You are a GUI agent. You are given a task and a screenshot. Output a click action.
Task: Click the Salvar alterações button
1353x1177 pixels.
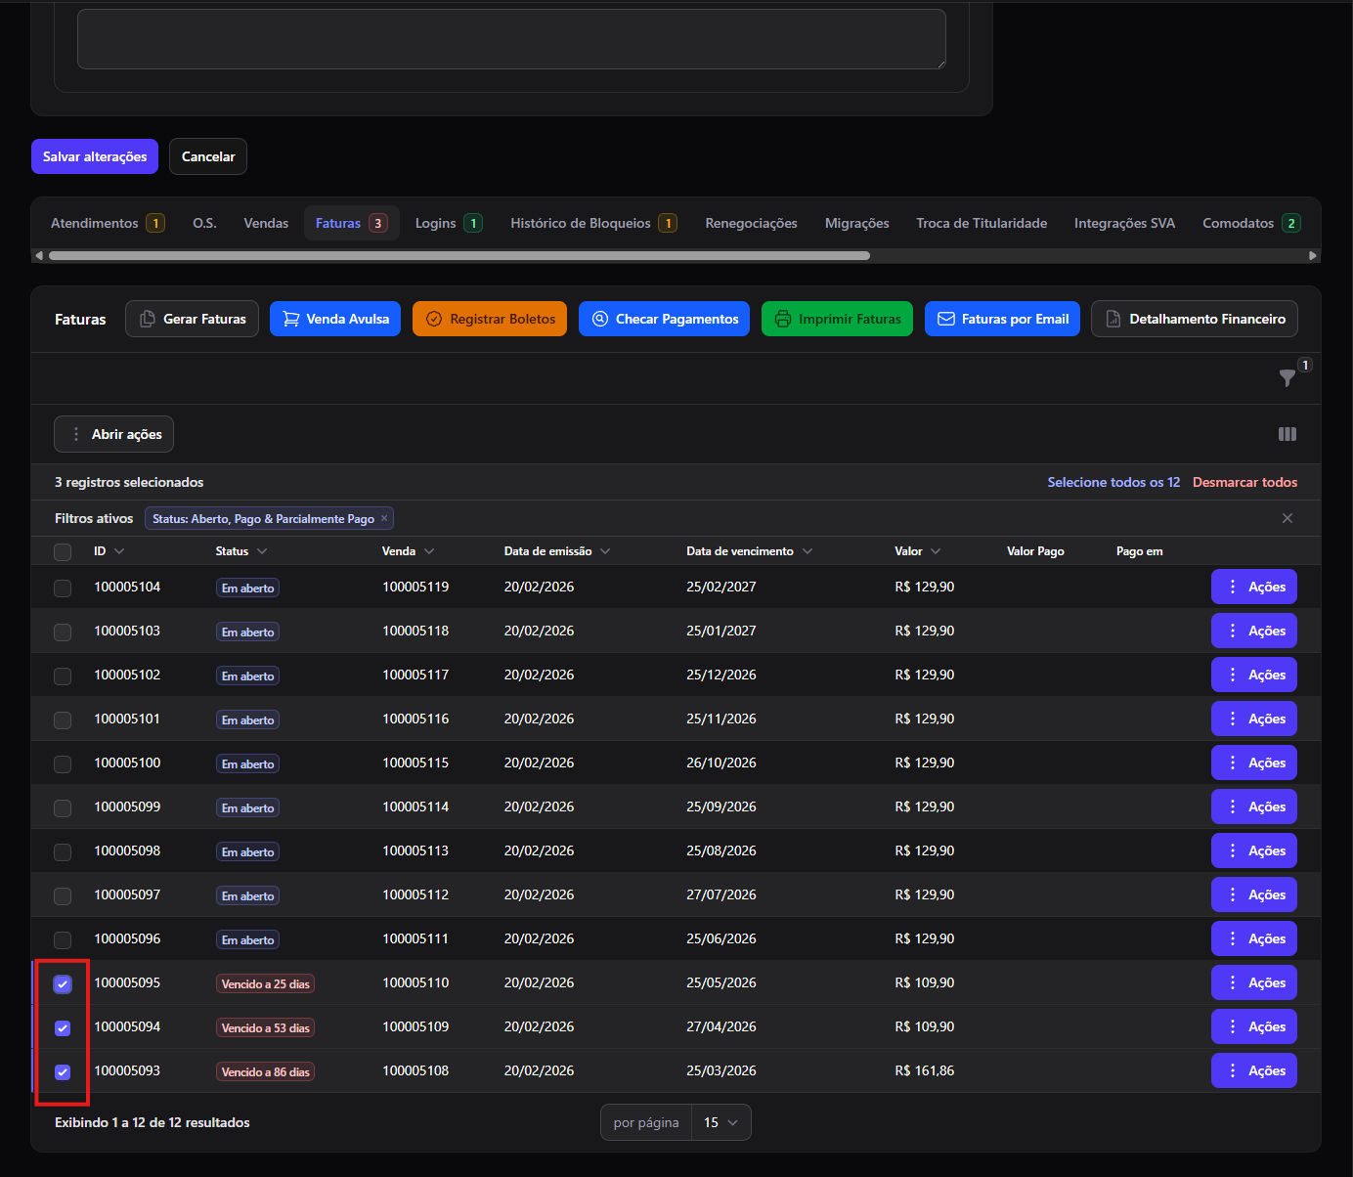tap(95, 156)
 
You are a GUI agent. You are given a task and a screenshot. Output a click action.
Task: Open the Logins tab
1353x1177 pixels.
tap(449, 224)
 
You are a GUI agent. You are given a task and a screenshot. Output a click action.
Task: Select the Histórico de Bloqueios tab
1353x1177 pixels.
tap(593, 224)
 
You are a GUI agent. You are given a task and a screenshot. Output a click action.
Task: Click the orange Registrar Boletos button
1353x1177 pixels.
tap(490, 319)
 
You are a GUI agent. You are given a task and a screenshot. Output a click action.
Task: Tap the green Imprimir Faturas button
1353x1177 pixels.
tap(837, 319)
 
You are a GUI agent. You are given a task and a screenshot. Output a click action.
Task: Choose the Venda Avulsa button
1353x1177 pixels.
tap(335, 319)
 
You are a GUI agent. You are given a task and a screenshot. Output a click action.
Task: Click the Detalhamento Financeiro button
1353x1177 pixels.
tap(1195, 319)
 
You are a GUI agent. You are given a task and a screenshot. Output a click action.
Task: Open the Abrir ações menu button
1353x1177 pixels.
tap(113, 434)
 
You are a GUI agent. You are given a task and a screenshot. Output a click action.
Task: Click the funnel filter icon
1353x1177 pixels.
tap(1287, 377)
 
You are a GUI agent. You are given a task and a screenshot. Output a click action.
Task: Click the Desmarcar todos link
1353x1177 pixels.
tap(1244, 482)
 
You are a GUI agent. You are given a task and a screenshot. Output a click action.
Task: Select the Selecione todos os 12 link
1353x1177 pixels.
tap(1113, 482)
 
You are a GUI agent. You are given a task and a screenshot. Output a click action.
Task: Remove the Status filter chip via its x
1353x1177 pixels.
tap(384, 518)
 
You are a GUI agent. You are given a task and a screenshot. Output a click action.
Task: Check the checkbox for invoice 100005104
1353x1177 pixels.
tap(63, 588)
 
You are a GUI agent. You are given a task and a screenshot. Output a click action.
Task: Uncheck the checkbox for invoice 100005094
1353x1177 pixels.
tap(63, 1027)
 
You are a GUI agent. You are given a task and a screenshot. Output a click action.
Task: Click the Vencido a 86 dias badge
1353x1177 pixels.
tap(265, 1071)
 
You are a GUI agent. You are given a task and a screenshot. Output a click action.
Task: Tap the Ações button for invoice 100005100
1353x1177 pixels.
tap(1254, 763)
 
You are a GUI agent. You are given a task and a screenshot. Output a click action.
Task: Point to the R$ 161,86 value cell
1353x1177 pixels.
tap(925, 1070)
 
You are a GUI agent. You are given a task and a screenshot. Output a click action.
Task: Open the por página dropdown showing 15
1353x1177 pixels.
tap(720, 1122)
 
